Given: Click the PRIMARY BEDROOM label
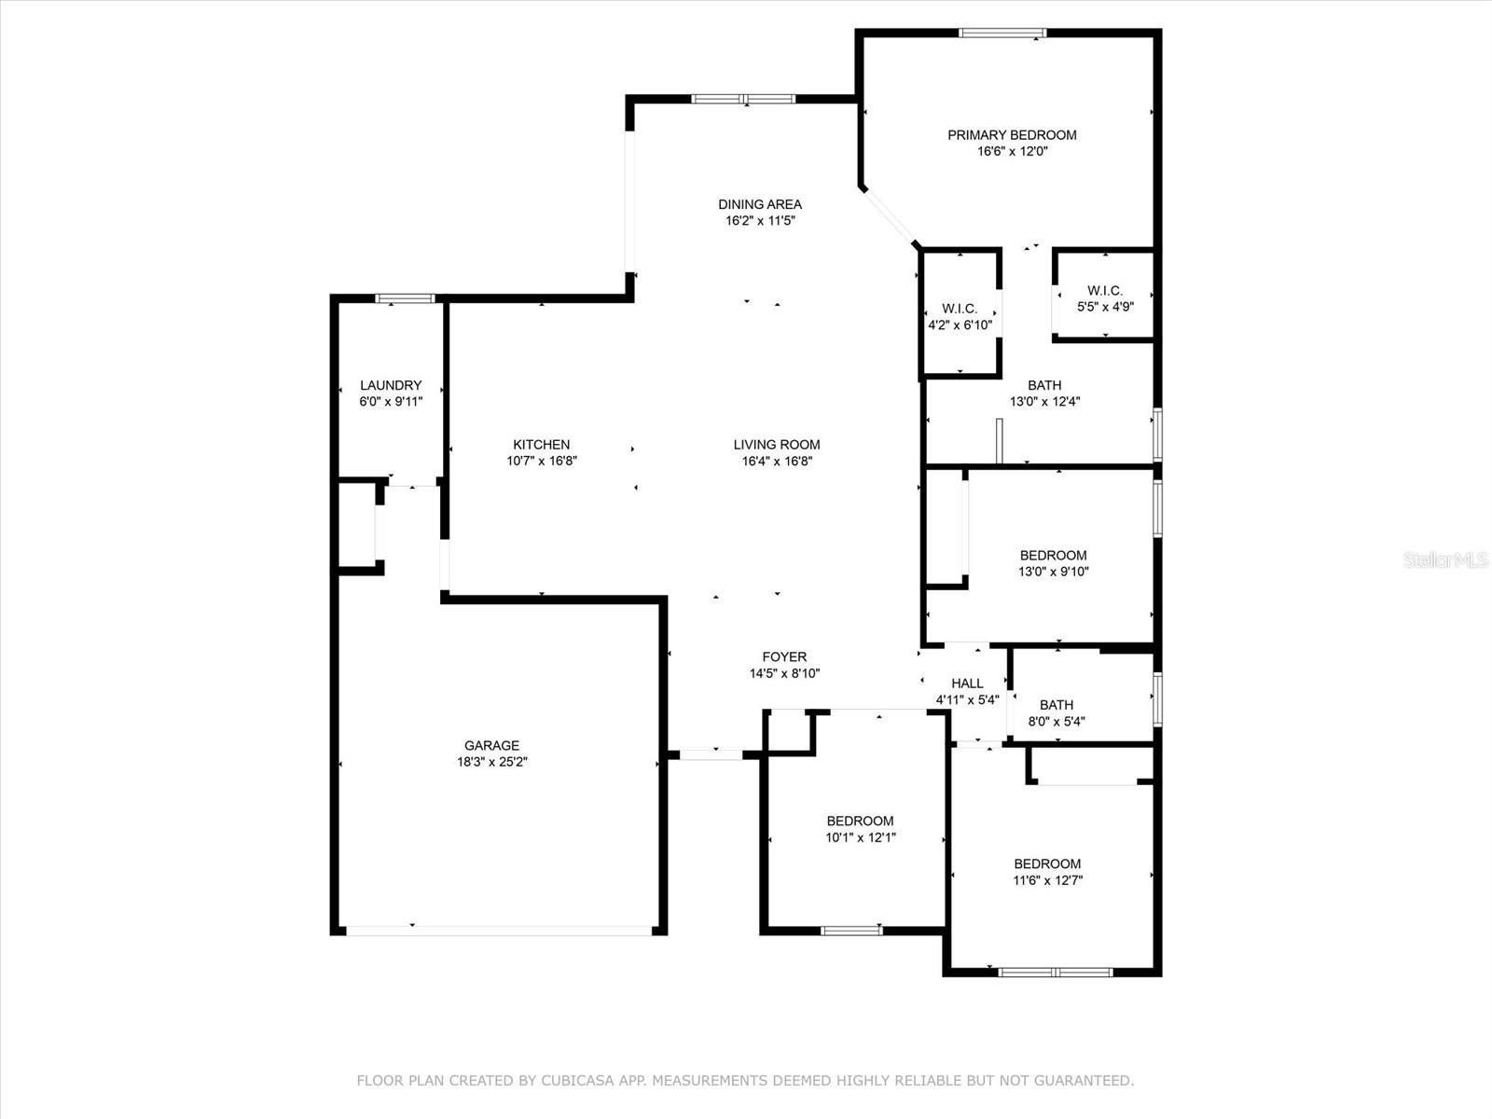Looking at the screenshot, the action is point(1012,135).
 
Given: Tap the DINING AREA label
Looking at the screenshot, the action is point(760,204).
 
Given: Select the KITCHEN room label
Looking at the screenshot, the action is point(541,445).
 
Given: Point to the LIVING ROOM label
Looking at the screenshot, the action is point(776,445).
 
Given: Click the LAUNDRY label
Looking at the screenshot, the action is point(391,385).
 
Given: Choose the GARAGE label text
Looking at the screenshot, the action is point(491,745).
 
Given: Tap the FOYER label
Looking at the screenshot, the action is point(784,657).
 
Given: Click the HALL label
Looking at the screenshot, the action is point(967,684).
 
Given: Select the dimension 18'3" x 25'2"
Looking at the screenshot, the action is point(492,762).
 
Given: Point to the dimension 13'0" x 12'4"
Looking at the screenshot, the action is point(1044,402).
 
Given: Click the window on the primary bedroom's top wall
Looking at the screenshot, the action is point(1002,33).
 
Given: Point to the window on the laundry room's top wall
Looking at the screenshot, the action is point(405,298).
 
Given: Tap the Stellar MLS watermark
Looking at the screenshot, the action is point(1445,560).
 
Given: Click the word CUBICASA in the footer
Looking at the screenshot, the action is point(577,1080).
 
